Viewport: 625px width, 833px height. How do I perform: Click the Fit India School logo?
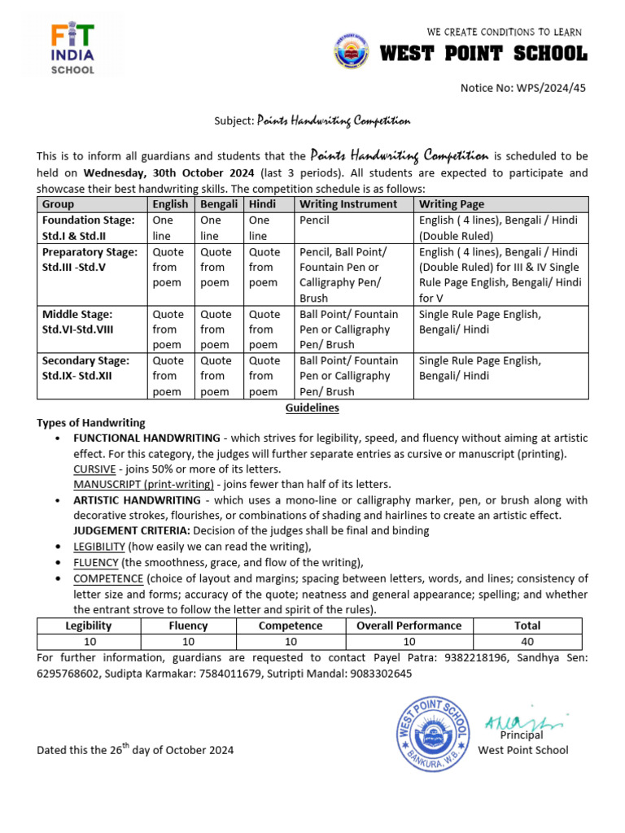coord(72,49)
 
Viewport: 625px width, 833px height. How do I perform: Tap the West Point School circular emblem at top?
coord(352,51)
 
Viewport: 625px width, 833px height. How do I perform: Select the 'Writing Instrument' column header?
coord(348,204)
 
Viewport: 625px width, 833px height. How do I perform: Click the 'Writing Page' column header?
coord(451,204)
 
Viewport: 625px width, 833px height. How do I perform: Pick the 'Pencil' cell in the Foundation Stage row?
coord(314,220)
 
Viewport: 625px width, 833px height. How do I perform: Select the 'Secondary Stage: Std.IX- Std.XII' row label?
coord(85,368)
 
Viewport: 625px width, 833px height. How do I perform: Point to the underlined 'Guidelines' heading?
coord(312,408)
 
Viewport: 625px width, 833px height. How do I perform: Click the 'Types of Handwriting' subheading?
coord(91,423)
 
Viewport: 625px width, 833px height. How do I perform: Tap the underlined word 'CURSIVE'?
coord(94,469)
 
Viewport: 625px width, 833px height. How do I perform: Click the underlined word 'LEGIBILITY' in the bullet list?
coord(99,547)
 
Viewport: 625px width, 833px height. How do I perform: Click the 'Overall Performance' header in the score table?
coord(409,626)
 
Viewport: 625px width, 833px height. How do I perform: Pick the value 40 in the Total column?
coord(527,642)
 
